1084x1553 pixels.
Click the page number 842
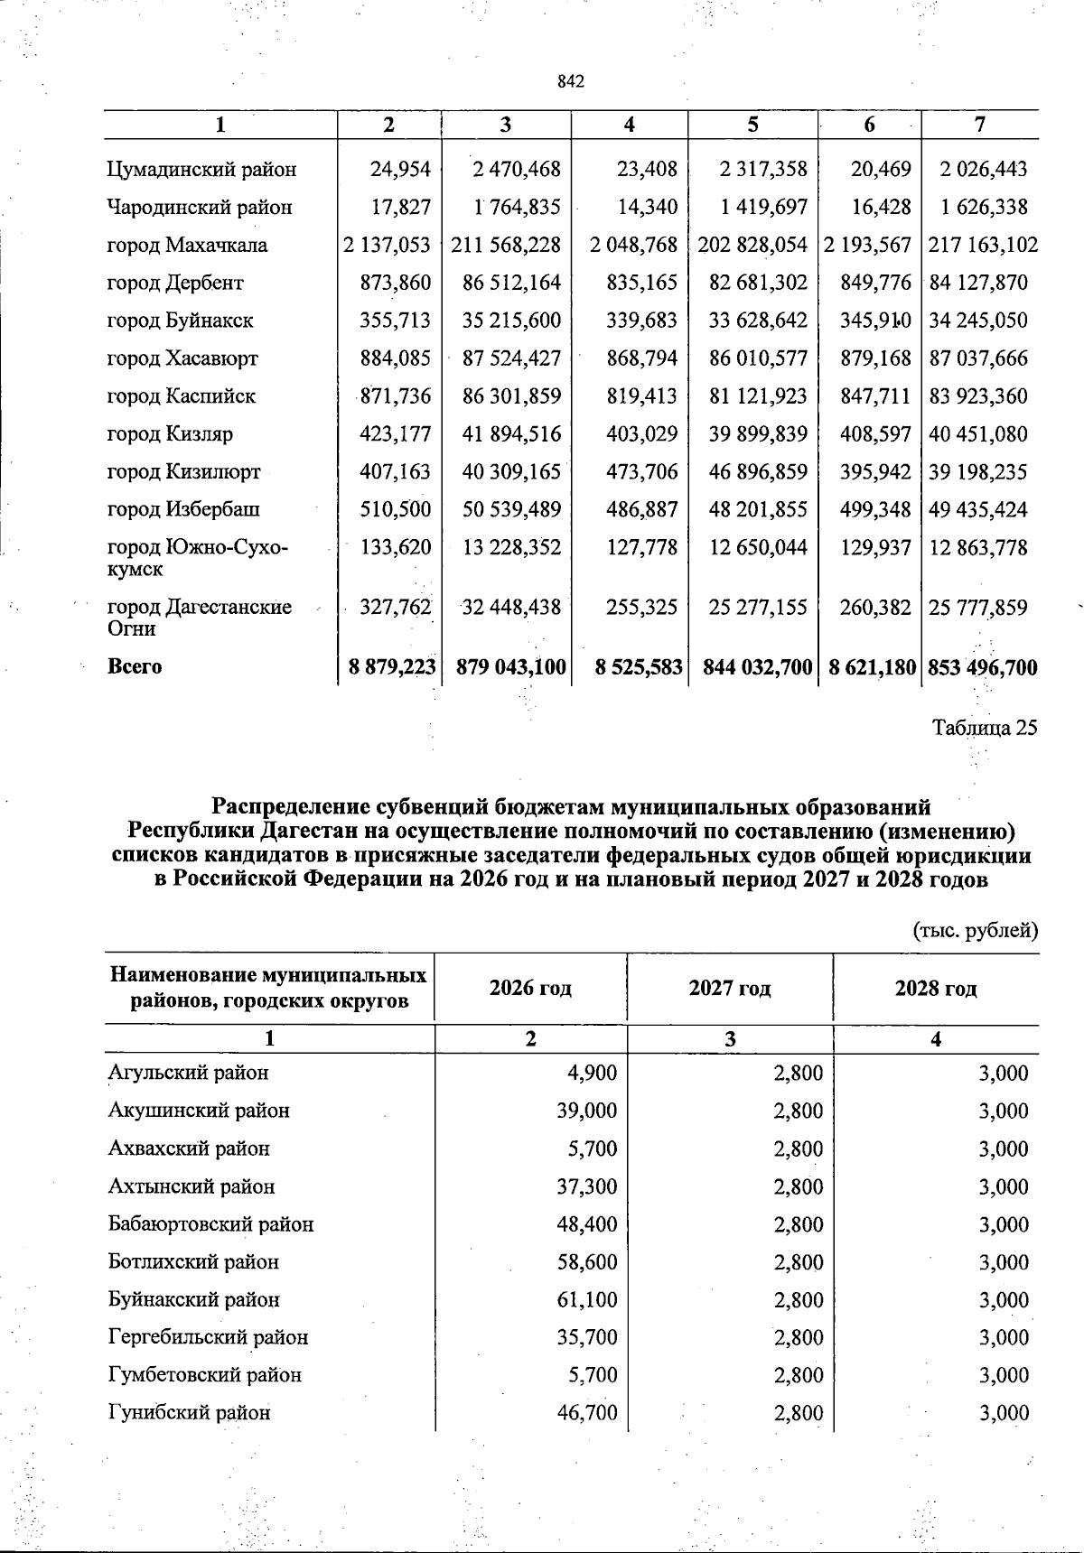click(571, 82)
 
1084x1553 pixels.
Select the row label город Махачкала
click(187, 246)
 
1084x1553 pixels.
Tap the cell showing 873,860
click(395, 284)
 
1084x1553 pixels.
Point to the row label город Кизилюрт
click(183, 472)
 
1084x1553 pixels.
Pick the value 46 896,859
click(758, 472)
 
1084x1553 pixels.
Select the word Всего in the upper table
click(135, 668)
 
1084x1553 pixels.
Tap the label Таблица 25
click(985, 729)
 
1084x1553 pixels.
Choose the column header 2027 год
click(729, 989)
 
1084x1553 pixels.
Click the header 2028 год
click(936, 989)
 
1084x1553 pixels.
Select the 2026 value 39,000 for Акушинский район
click(586, 1111)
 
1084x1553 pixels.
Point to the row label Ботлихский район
click(193, 1262)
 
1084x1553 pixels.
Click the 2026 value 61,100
click(586, 1300)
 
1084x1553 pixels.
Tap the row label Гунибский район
click(189, 1413)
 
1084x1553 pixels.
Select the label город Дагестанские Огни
click(199, 618)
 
